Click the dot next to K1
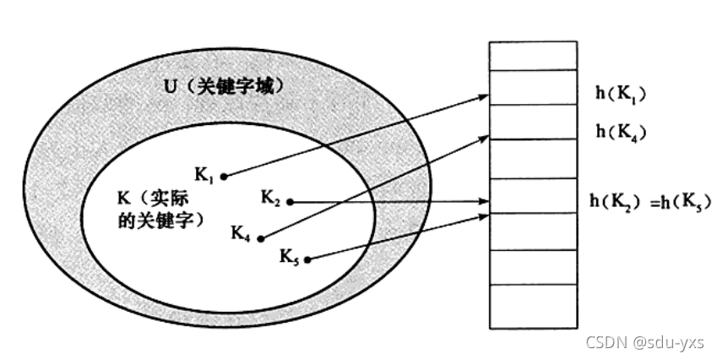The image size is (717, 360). [224, 177]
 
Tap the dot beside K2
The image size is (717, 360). [289, 202]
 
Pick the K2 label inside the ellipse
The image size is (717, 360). [270, 199]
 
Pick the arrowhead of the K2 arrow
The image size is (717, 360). [486, 202]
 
